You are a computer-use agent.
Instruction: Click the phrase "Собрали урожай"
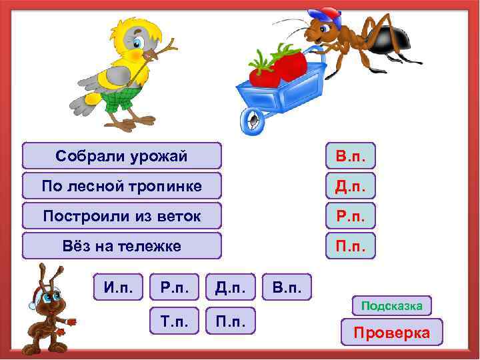121,156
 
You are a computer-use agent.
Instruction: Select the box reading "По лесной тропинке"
121,186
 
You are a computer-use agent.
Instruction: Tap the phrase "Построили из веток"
121,216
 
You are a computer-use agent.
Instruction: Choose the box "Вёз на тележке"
121,246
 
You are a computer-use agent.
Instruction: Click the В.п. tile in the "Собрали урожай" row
350,156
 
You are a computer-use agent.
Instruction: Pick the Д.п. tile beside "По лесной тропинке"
350,186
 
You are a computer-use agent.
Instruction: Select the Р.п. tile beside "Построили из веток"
350,216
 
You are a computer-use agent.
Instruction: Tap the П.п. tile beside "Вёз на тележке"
350,246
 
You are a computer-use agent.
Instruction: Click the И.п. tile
118,287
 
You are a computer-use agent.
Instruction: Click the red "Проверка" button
391,332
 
